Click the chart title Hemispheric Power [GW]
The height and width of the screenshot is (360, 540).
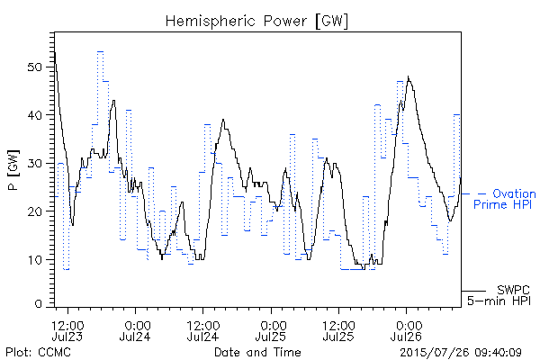tap(256, 21)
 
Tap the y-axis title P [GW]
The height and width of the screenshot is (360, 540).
tap(13, 170)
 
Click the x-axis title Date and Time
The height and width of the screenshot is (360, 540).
tap(257, 352)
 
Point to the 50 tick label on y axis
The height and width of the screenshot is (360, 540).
tap(34, 67)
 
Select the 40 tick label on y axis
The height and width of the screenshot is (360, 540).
tap(34, 115)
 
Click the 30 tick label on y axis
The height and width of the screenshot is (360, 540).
tap(34, 163)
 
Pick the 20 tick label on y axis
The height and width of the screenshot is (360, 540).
tap(34, 211)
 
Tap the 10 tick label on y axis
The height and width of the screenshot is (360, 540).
tap(35, 259)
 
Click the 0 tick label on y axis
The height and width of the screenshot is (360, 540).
tap(39, 304)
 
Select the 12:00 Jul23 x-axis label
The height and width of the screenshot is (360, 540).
tap(67, 330)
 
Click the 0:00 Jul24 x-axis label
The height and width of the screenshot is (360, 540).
tap(135, 330)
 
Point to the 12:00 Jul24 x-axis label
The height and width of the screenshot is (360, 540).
tap(203, 330)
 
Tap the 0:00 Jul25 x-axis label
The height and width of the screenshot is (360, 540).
tap(271, 330)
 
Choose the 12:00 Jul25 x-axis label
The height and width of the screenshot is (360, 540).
tap(339, 330)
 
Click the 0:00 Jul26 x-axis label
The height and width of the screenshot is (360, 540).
tap(407, 330)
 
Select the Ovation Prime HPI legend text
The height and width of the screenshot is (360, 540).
tap(505, 199)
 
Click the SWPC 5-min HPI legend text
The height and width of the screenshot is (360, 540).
tap(499, 295)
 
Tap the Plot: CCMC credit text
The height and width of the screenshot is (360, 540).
tap(38, 352)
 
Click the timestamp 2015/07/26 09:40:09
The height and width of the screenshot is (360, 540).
tap(461, 352)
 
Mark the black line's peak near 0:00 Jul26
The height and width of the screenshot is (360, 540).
tap(408, 76)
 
